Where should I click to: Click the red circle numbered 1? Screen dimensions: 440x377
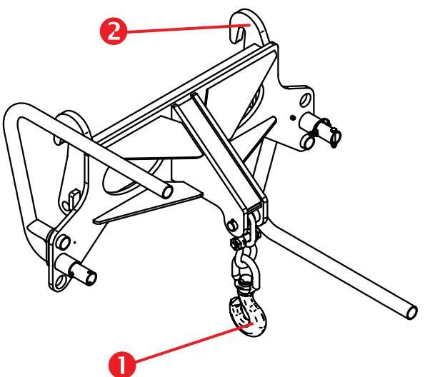(121, 365)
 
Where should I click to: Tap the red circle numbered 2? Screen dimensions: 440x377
(114, 31)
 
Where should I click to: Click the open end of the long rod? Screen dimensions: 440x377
(412, 312)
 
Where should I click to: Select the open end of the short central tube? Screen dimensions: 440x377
(167, 192)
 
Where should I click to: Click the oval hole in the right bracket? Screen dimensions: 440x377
(305, 100)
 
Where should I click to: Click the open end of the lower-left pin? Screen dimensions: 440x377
(91, 278)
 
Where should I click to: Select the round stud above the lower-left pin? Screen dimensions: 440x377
(63, 242)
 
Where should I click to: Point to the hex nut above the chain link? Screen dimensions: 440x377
(236, 243)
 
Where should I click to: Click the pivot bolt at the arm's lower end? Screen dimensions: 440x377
(232, 226)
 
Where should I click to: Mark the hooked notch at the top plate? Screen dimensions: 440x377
(239, 31)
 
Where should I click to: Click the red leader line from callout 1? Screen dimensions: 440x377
(193, 343)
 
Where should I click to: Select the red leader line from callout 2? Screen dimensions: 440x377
(188, 28)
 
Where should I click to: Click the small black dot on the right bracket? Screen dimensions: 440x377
(293, 118)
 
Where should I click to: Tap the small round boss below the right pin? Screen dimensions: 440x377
(307, 142)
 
